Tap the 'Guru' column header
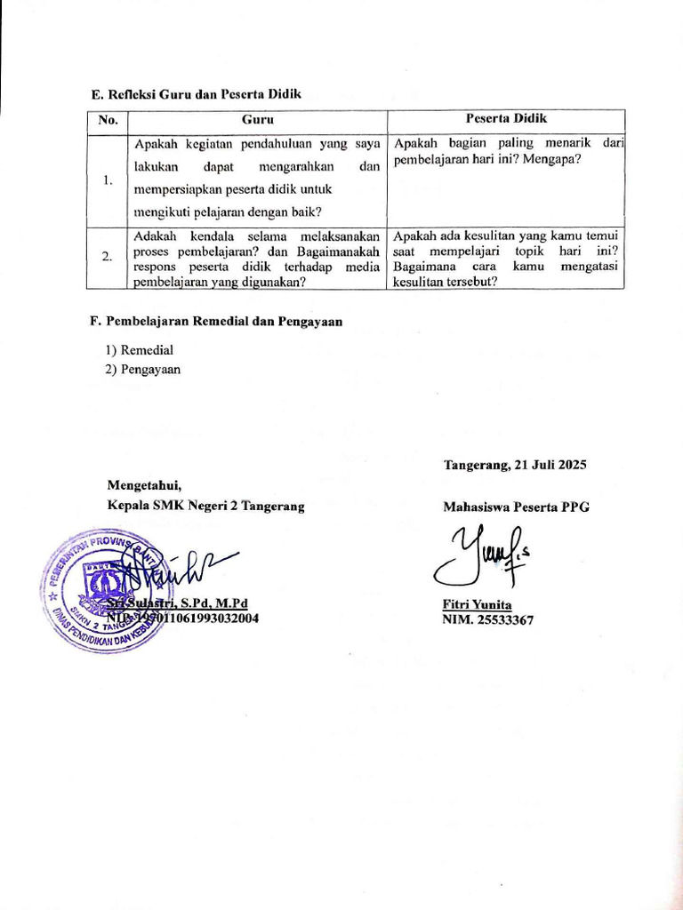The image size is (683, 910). [x=257, y=120]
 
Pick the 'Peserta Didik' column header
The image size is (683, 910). [x=506, y=119]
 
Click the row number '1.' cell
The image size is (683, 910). [x=108, y=180]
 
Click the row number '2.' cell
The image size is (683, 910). [x=107, y=257]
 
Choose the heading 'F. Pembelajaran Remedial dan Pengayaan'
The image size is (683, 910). [x=218, y=321]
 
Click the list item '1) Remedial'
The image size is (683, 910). [x=140, y=350]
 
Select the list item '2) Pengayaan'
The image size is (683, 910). [x=143, y=369]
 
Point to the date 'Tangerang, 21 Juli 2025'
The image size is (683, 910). [x=515, y=465]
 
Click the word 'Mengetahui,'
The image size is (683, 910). [x=144, y=485]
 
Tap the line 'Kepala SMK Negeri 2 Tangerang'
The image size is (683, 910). [x=205, y=506]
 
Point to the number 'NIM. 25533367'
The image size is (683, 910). [x=488, y=620]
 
